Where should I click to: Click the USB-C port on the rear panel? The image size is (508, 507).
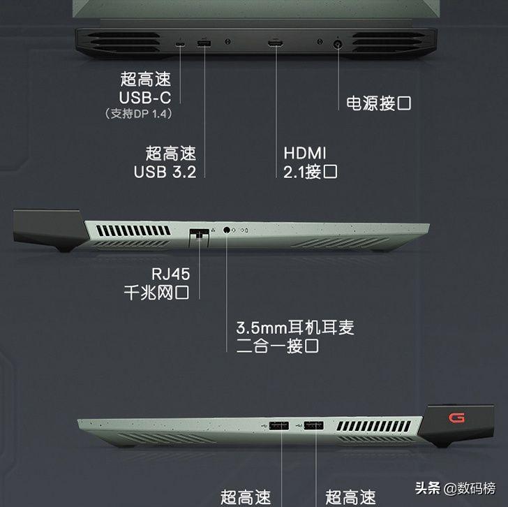(x=181, y=46)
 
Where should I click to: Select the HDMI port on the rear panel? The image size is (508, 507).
(x=276, y=45)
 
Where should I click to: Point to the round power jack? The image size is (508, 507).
(x=340, y=45)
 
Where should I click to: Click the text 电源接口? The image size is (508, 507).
(x=379, y=103)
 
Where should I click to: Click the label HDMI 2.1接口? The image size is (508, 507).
(x=311, y=161)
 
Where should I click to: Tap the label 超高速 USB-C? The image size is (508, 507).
(x=145, y=88)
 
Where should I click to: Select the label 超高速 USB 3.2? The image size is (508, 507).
(x=165, y=161)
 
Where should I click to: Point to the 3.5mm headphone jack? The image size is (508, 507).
(x=227, y=229)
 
